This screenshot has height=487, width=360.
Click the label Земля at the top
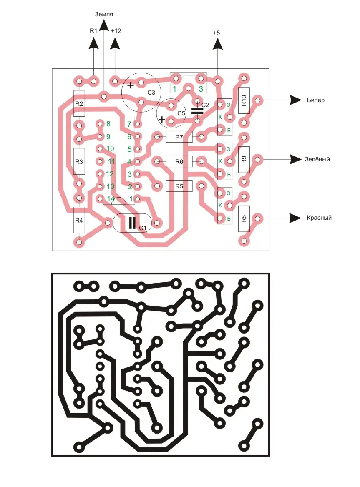pyautogui.click(x=104, y=14)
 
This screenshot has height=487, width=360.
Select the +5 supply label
pyautogui.click(x=216, y=33)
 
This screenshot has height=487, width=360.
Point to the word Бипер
pyautogui.click(x=316, y=100)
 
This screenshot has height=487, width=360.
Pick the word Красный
pyautogui.click(x=319, y=218)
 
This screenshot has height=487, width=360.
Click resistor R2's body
pyautogui.click(x=79, y=103)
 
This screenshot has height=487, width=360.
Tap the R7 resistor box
pyautogui.click(x=179, y=137)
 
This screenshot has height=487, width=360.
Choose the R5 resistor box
pyautogui.click(x=179, y=186)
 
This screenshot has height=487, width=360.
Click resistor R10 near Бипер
pyautogui.click(x=244, y=100)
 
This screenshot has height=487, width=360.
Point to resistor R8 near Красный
pyautogui.click(x=244, y=218)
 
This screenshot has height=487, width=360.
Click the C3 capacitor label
pyautogui.click(x=151, y=93)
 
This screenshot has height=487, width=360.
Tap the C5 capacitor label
pyautogui.click(x=181, y=113)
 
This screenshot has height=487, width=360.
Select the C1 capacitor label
pyautogui.click(x=143, y=228)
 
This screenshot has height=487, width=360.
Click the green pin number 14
pyautogui.click(x=111, y=199)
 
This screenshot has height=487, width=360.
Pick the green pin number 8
pyautogui.click(x=108, y=124)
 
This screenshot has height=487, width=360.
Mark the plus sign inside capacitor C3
pyautogui.click(x=131, y=86)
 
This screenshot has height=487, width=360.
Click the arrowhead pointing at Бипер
pyautogui.click(x=296, y=100)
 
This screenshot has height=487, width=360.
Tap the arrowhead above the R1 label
pyautogui.click(x=93, y=44)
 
